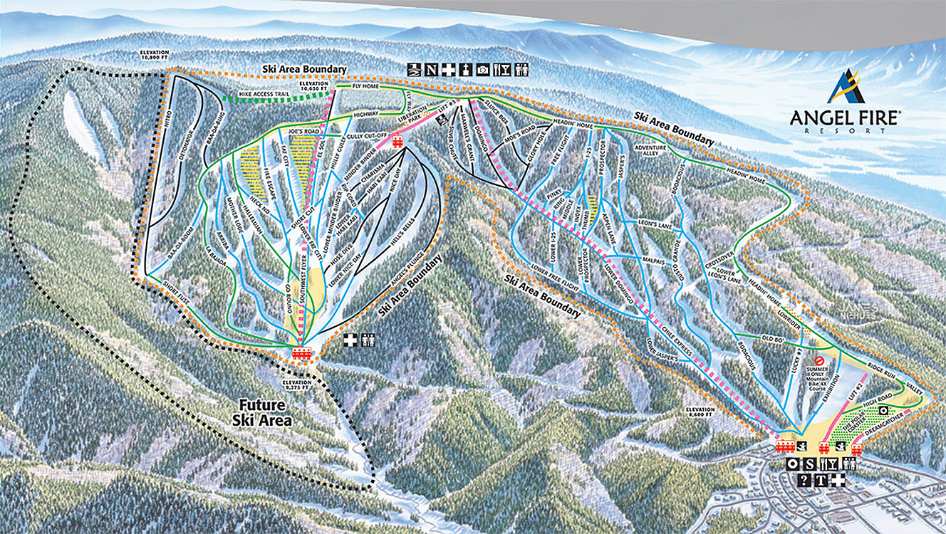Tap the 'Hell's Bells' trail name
pos(400,242)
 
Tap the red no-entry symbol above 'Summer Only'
pos(820,361)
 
